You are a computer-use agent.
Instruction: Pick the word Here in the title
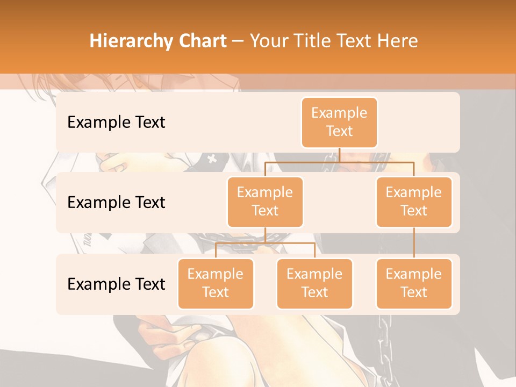point(396,41)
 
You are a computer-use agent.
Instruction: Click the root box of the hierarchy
point(339,122)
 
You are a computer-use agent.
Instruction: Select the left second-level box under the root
point(265,202)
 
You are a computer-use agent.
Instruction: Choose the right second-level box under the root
point(414,202)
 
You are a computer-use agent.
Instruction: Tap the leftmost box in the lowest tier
point(216,283)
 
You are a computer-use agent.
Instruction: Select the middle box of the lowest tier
point(314,283)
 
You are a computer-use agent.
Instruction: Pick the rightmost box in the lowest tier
point(414,283)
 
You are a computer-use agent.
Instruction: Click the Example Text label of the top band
point(116,122)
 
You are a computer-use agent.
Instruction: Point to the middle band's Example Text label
point(116,202)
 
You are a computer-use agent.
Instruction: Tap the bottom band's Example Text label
point(116,284)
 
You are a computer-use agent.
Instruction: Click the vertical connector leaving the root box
point(339,155)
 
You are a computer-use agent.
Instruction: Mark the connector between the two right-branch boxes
point(414,243)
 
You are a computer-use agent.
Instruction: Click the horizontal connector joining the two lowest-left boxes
point(265,243)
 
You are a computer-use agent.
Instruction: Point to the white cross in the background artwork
point(212,159)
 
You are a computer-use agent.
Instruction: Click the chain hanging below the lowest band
point(385,339)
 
